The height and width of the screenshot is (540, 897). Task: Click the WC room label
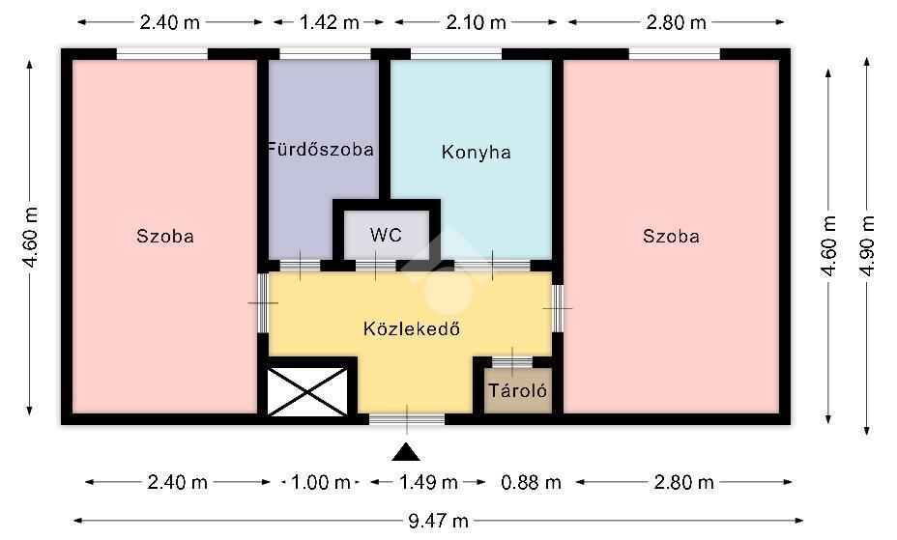386,235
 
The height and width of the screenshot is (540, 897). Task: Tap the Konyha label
476,153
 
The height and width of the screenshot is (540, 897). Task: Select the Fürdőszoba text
320,150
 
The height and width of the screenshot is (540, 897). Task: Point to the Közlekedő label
412,328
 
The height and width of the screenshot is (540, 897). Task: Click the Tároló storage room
518,391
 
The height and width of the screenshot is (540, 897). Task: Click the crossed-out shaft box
307,391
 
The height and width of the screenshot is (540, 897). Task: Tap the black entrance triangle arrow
406,451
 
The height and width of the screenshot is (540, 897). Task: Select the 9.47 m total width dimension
438,521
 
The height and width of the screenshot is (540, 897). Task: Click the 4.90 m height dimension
867,245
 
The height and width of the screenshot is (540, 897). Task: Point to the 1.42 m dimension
329,22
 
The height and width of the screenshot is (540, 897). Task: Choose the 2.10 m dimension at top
476,22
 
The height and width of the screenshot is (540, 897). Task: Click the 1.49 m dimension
428,482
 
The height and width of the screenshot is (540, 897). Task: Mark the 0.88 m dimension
531,482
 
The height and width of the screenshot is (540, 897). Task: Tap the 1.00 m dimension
320,482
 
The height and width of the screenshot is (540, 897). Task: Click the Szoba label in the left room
165,237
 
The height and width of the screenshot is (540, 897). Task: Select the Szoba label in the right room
671,237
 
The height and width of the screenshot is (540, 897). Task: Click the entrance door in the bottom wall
407,419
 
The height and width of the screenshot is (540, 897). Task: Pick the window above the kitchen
456,54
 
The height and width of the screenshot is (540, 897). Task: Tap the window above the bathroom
325,54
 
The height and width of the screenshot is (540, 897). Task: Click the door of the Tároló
512,362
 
